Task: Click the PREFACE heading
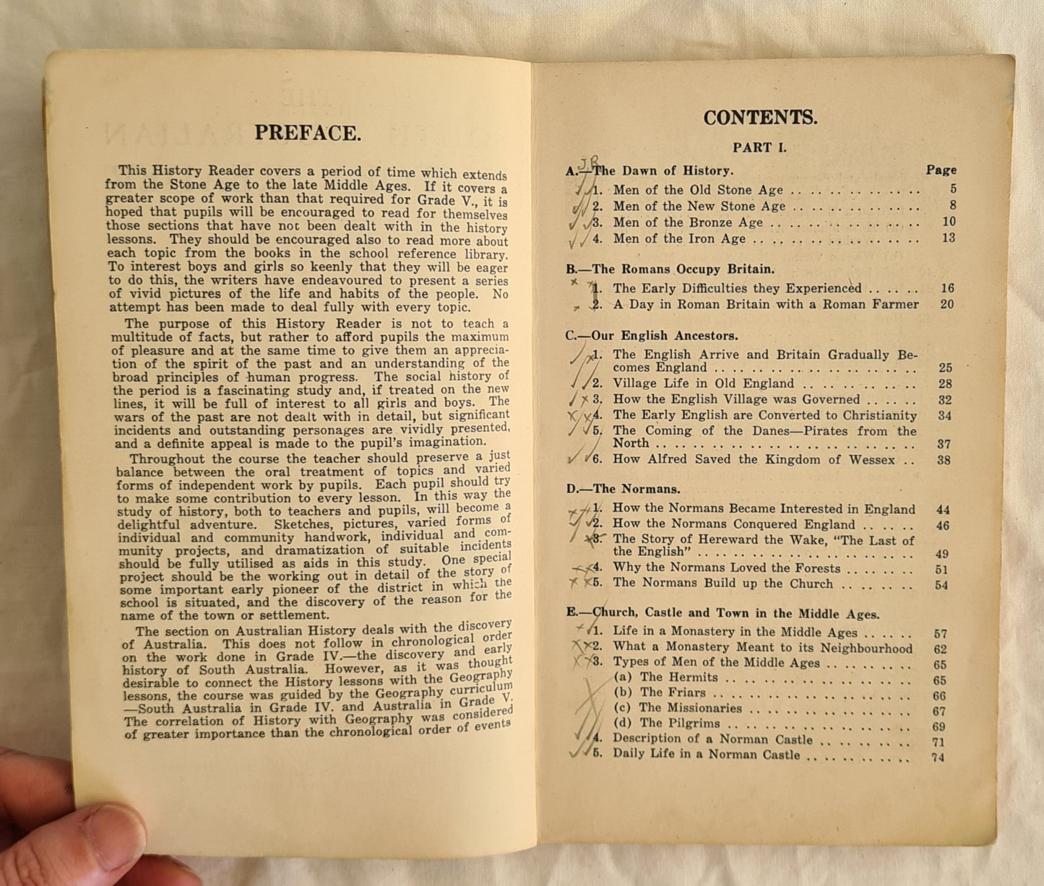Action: [307, 134]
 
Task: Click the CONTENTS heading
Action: [760, 118]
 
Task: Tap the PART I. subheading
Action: [759, 148]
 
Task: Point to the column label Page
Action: [941, 170]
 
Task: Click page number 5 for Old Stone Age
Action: [953, 189]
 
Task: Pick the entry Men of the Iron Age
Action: [679, 238]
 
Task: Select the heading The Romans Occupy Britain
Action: [671, 269]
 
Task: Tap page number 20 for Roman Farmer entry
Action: [946, 304]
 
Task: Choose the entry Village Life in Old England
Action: [703, 383]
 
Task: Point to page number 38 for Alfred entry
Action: [944, 460]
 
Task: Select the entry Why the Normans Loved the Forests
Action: [726, 568]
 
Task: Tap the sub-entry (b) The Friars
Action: [673, 693]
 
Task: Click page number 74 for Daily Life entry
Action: [938, 757]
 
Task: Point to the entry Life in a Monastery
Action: [734, 632]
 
